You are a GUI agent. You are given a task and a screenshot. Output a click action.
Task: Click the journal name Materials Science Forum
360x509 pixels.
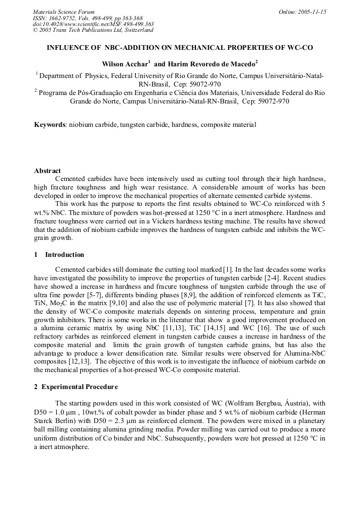click(64, 12)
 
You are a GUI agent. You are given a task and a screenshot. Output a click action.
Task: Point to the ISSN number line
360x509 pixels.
click(88, 18)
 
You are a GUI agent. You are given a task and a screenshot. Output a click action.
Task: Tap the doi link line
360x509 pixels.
click(93, 24)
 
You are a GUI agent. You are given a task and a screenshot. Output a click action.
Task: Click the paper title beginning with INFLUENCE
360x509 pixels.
click(180, 48)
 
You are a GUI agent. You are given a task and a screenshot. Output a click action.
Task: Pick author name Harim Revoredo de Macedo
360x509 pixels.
click(212, 63)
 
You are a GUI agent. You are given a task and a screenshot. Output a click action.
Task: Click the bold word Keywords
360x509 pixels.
click(50, 125)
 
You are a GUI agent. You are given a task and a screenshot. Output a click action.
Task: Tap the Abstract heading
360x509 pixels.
click(47, 171)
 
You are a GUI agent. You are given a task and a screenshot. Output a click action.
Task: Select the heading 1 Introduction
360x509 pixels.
click(59, 255)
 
